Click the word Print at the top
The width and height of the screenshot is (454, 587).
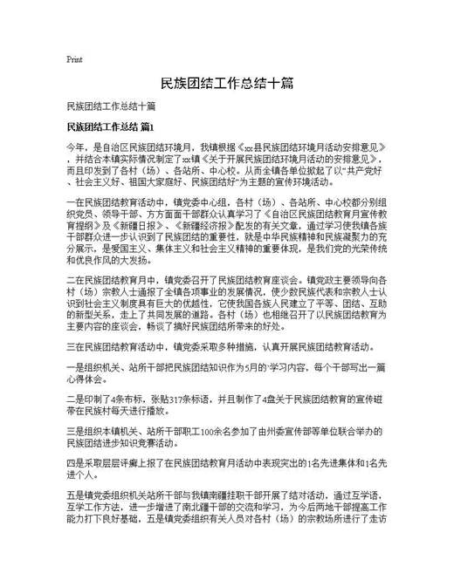pos(74,60)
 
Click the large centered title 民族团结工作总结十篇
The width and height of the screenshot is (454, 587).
pos(226,84)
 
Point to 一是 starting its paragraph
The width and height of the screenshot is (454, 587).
pos(75,368)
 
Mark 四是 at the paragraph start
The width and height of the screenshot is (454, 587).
pos(75,464)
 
